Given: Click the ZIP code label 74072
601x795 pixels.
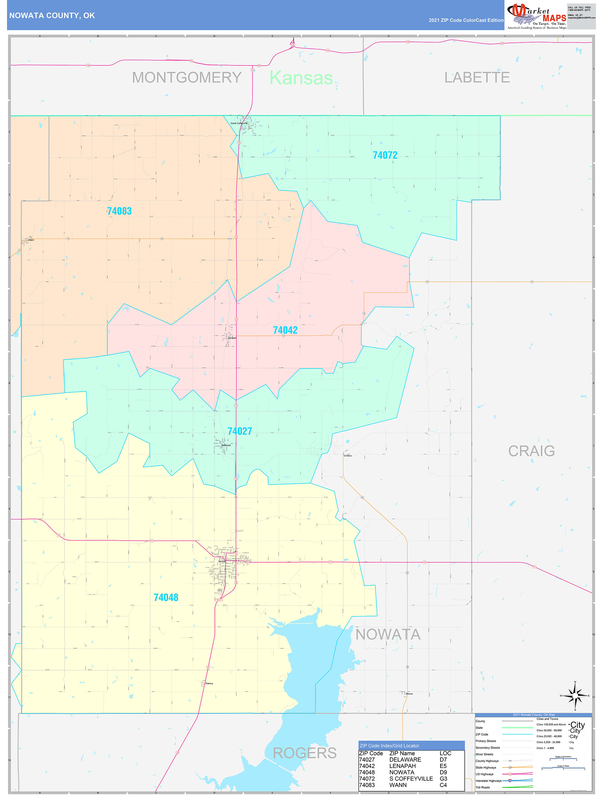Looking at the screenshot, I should tap(385, 155).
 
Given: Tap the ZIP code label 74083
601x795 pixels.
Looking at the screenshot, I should tap(119, 211).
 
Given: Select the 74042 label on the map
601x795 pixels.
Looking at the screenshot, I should tap(285, 330).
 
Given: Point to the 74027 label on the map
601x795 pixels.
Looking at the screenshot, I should tap(240, 431).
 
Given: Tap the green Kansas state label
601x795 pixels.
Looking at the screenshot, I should tap(301, 78).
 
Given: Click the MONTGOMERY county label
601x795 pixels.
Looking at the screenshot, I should tap(187, 78).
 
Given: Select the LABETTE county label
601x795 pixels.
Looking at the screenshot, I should tap(477, 78).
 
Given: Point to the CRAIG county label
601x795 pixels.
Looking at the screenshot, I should tap(531, 451).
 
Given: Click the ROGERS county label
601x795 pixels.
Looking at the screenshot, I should tap(305, 752).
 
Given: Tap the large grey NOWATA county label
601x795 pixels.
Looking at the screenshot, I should tap(388, 634).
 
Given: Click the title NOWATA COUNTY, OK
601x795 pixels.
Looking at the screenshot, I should tap(52, 16).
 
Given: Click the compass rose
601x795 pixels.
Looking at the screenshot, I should tap(575, 696).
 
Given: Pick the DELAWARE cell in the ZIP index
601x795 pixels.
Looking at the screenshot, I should tap(405, 760).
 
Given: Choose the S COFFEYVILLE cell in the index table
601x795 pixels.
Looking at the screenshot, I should tap(411, 779).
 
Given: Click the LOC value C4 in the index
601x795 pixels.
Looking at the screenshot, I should tap(443, 785).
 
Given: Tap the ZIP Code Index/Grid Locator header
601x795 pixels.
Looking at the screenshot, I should tap(389, 746).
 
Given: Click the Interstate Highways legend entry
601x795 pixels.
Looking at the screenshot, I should tap(488, 781).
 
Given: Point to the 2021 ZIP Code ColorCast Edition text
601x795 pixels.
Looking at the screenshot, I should tap(466, 20).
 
